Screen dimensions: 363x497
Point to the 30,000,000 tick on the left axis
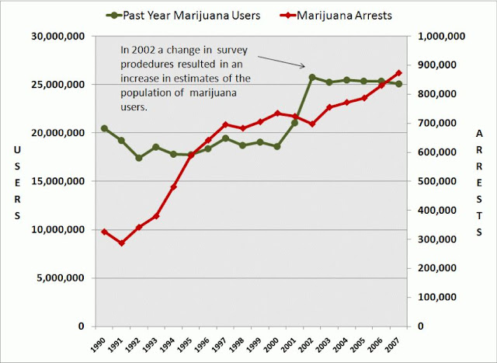61,36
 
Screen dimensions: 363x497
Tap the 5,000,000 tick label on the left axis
64,278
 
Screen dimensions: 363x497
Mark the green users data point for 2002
311,77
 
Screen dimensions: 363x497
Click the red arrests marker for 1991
121,243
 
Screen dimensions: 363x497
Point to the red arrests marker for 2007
398,73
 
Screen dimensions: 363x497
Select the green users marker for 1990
104,128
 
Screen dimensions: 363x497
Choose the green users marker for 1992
138,158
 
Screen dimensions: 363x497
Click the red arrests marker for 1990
104,232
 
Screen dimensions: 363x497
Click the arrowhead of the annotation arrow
304,66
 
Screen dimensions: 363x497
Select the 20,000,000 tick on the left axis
61,133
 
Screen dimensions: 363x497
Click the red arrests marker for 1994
173,187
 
